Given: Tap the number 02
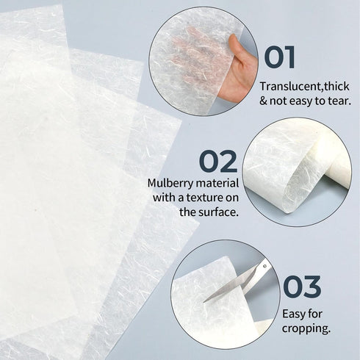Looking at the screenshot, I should tap(219, 161).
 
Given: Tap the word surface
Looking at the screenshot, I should tap(218, 212).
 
